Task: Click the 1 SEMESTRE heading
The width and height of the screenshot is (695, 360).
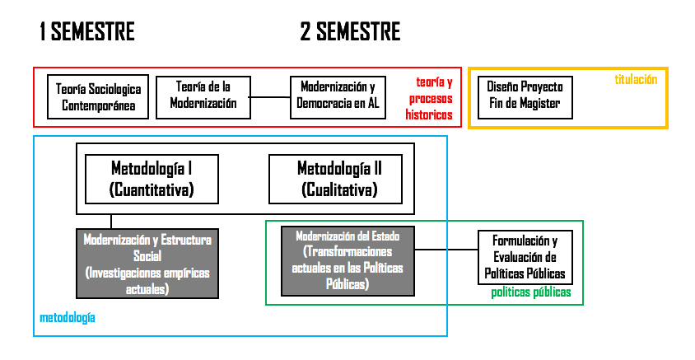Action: click(x=86, y=32)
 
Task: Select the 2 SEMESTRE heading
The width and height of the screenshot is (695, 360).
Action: click(x=350, y=32)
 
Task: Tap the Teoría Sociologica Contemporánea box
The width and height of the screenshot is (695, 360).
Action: click(x=98, y=97)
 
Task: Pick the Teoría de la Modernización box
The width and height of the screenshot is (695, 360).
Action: click(x=203, y=96)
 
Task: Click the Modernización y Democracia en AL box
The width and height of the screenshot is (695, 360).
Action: click(x=338, y=97)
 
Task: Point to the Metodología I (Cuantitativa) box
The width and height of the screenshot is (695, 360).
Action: click(x=152, y=179)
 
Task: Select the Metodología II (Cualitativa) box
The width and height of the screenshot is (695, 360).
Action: click(x=339, y=179)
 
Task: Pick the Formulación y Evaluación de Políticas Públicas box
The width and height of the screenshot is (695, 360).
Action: click(x=525, y=258)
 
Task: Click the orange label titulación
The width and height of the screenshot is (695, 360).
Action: click(x=636, y=79)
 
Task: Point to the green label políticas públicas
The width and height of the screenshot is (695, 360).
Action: click(x=531, y=292)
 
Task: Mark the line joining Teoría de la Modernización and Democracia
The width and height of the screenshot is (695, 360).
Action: click(x=269, y=97)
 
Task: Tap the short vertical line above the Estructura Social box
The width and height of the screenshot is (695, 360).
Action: click(x=111, y=222)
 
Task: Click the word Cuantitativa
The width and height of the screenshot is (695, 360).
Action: click(x=152, y=190)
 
